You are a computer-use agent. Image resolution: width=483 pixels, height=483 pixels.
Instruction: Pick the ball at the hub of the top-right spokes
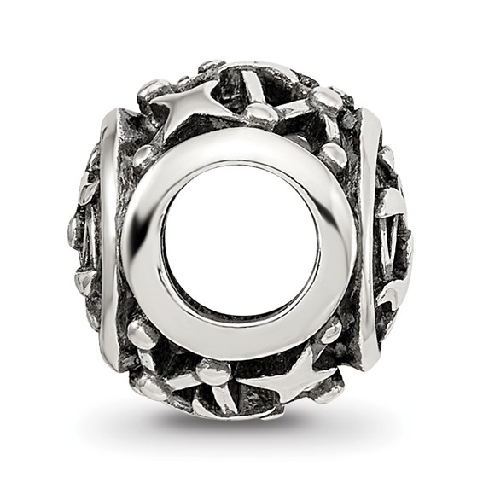pyautogui.click(x=327, y=99)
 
